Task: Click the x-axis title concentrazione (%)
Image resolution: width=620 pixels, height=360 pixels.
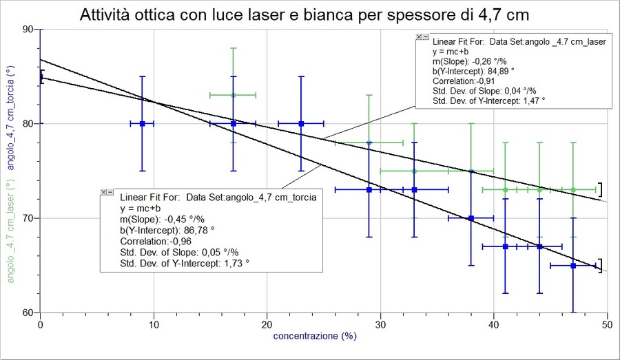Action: (x=315, y=337)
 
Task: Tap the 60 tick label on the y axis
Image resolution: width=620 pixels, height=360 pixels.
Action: (x=29, y=313)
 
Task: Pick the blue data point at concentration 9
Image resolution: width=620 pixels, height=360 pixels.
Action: (x=143, y=124)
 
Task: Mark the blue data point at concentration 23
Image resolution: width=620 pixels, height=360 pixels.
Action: (x=301, y=124)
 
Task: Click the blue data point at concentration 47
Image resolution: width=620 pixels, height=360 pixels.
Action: (x=572, y=265)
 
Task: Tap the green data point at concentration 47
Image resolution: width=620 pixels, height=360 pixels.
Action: (x=572, y=189)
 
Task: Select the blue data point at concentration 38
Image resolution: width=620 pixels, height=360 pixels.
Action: (x=471, y=218)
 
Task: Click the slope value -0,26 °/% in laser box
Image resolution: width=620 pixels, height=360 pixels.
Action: (x=476, y=61)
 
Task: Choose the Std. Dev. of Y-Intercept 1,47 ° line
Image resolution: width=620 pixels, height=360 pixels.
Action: (x=488, y=100)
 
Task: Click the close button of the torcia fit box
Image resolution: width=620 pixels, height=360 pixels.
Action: (x=103, y=192)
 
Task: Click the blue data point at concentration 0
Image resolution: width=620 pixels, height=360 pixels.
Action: (x=41, y=76)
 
